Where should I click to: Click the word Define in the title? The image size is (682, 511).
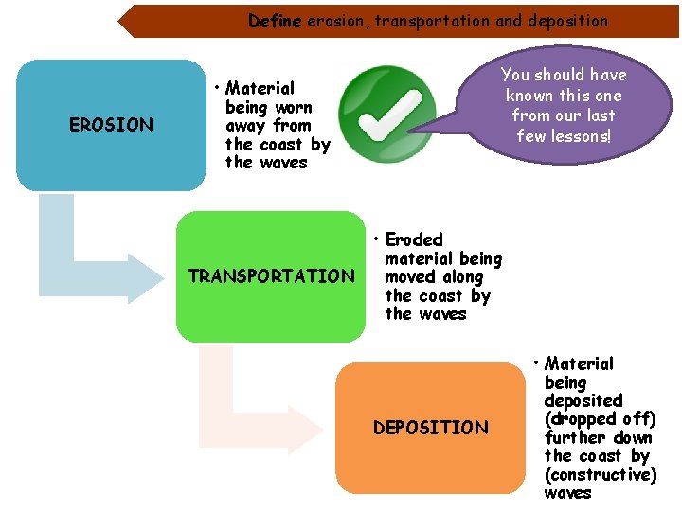click(x=275, y=20)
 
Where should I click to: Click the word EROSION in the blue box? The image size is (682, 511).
click(x=111, y=125)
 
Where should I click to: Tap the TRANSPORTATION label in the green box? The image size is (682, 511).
click(x=271, y=276)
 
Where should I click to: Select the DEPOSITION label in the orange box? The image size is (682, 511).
click(x=430, y=428)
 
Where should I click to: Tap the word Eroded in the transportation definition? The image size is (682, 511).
click(x=414, y=239)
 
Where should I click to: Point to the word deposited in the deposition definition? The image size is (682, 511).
click(x=583, y=400)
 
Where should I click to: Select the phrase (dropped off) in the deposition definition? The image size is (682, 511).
click(x=601, y=418)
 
